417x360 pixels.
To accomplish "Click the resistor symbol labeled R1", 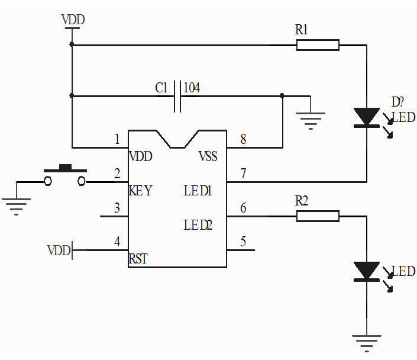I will pos(318,45).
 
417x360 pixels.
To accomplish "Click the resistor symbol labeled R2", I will pos(318,216).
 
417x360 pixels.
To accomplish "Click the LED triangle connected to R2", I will pos(367,271).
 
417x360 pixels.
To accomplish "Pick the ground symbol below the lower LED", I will pos(367,343).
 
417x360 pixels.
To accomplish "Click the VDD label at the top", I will pos(73,20).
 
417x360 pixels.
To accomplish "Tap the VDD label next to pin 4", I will pos(59,250).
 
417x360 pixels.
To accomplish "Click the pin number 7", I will pos(243,173).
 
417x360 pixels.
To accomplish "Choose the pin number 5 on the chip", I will pos(243,242).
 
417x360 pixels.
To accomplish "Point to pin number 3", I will pos(117,208).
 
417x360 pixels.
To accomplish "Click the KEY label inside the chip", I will pos(141,191).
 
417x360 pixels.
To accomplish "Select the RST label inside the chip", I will pos(138,259).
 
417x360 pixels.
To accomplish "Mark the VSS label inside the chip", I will pos(208,156).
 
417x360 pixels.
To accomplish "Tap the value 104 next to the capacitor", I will pos(192,88).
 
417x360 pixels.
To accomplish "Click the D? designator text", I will pos(397,102).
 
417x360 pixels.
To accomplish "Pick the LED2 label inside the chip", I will pos(198,225).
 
